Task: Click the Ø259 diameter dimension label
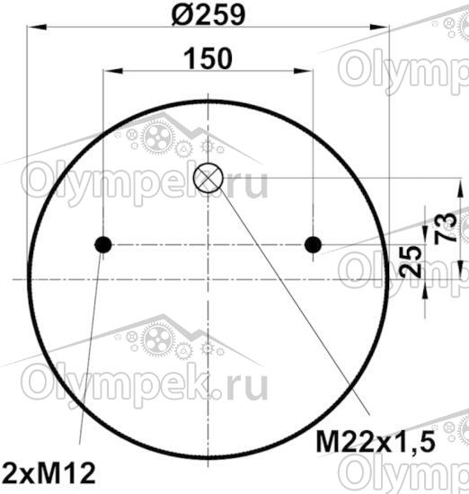pos(208,14)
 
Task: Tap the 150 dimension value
pos(208,58)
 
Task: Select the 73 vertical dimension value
pos(446,228)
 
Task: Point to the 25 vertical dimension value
pos(410,261)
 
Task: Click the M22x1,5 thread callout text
pos(376,442)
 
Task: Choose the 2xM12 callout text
pos(49,472)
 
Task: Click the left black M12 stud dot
pos(103,244)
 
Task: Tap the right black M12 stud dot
pos(313,244)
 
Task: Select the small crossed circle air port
pos(208,178)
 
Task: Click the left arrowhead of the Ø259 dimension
pos(38,28)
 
